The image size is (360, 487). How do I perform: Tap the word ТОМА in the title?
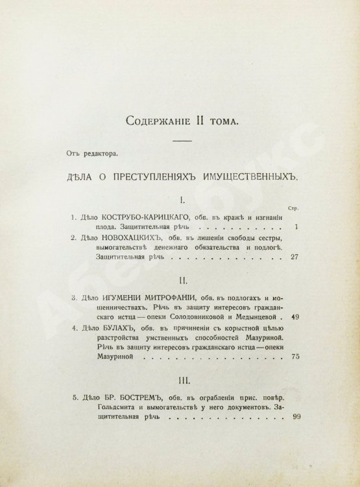(221, 120)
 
